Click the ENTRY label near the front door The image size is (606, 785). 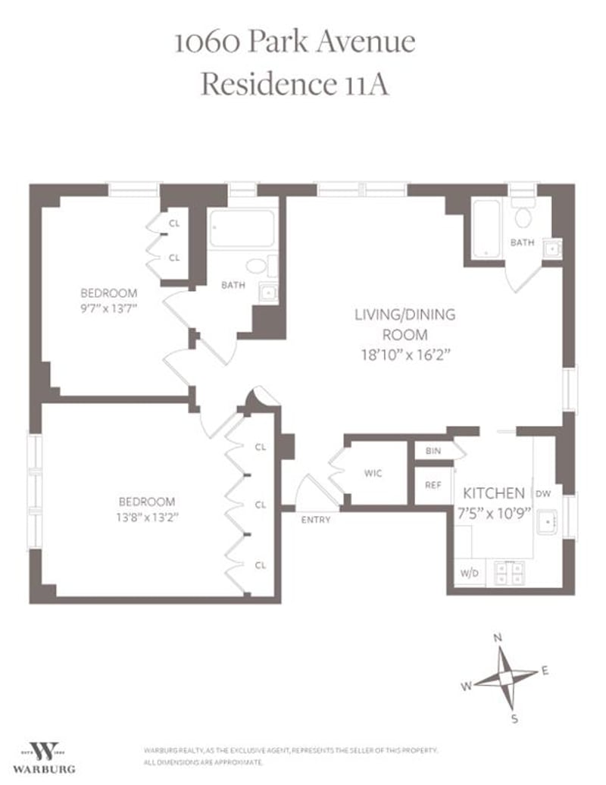coord(316,520)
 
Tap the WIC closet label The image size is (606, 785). coord(373,474)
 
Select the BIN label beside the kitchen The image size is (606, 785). coord(433,451)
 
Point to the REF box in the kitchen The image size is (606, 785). coord(433,485)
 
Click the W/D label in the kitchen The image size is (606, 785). coord(468,573)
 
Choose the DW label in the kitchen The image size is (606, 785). coord(542,493)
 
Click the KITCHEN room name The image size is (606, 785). coord(494,492)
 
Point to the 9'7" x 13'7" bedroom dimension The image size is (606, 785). coord(109,308)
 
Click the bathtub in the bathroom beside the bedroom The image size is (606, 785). coord(241,229)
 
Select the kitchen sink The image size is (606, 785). coord(546,522)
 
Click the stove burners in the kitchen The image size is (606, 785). coord(509,573)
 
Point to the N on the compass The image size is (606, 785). coord(498,638)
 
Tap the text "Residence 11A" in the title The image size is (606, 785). coord(295,85)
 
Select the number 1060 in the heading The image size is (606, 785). coord(208,42)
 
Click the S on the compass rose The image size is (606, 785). coord(514,718)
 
